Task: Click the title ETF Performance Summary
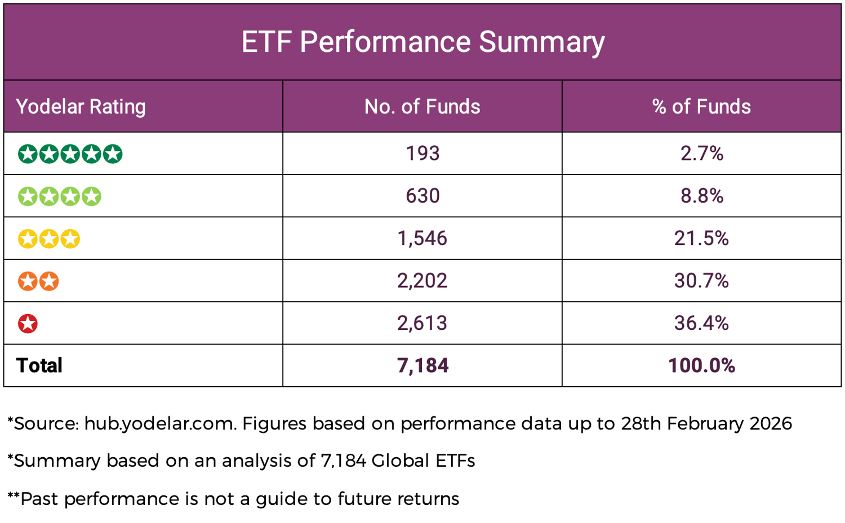[x=422, y=42]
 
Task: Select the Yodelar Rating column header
[x=81, y=106]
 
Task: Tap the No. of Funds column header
[x=422, y=106]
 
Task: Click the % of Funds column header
[x=701, y=106]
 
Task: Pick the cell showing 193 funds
[x=422, y=153]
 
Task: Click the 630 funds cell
[x=422, y=196]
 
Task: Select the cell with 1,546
[x=422, y=238]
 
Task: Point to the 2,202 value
[x=422, y=280]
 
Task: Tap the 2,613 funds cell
[x=422, y=323]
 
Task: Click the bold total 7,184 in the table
[x=422, y=365]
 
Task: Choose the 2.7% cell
[x=701, y=153]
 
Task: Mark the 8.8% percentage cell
[x=701, y=196]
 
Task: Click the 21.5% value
[x=701, y=238]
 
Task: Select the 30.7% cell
[x=701, y=280]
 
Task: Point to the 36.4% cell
[x=701, y=323]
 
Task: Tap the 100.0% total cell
[x=701, y=365]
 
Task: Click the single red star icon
[x=28, y=324]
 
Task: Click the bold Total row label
[x=39, y=365]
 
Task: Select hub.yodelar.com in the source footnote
[x=160, y=423]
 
